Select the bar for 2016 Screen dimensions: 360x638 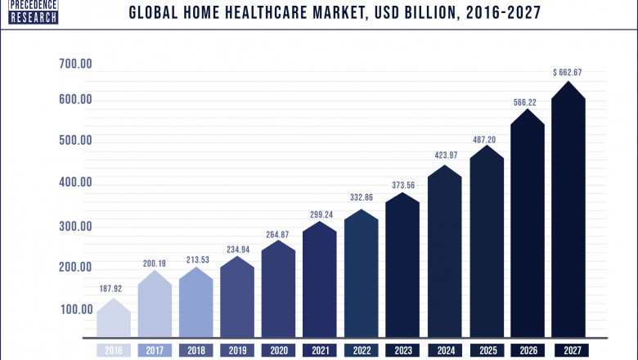click(x=113, y=321)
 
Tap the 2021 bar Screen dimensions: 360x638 click(x=320, y=282)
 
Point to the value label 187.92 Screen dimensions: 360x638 click(x=114, y=289)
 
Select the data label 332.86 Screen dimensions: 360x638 click(x=362, y=198)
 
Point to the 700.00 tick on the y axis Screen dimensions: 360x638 click(x=74, y=63)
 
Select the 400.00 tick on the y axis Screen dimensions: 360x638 click(x=74, y=182)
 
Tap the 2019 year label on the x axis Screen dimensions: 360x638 click(x=237, y=351)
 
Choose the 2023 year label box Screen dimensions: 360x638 click(x=402, y=351)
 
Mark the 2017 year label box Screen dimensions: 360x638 click(x=155, y=351)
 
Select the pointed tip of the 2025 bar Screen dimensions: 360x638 click(x=486, y=146)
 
